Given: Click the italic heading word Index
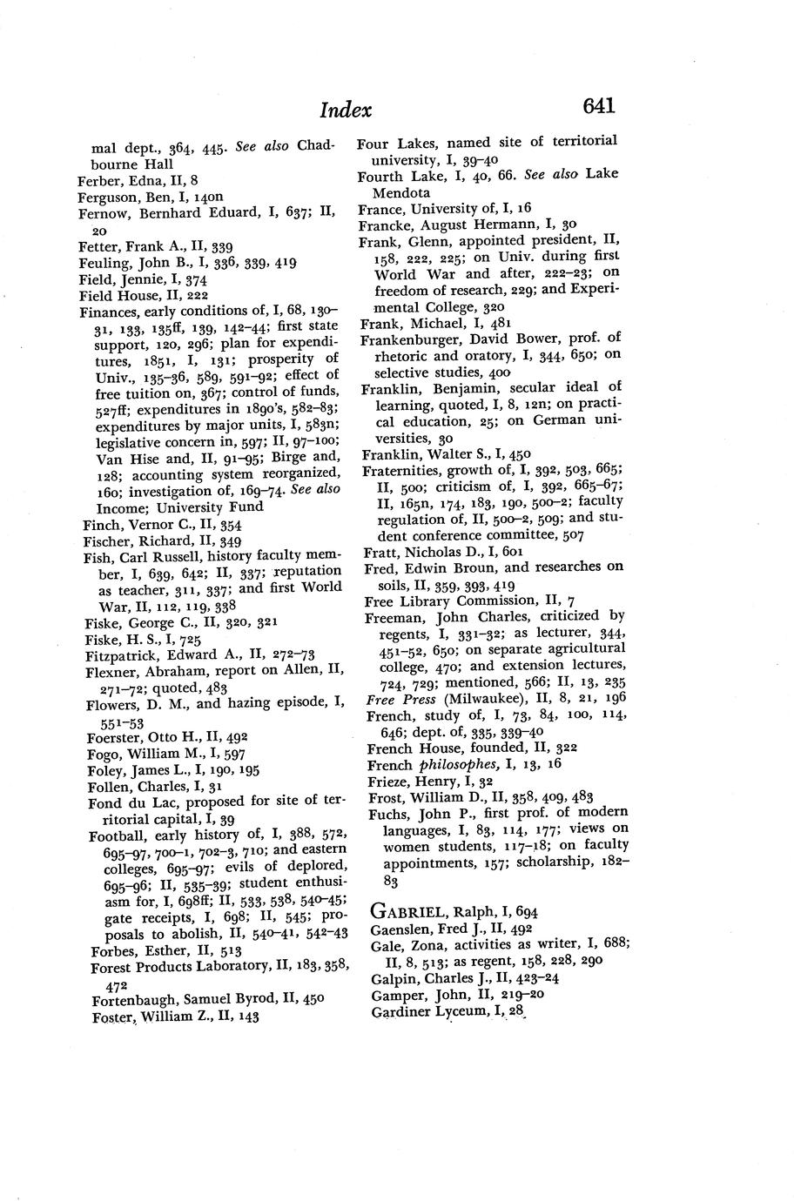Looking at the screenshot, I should (346, 111).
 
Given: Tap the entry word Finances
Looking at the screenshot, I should (108, 312).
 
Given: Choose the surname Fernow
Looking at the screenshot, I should (103, 213).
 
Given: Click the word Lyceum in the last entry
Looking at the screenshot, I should (468, 1012).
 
